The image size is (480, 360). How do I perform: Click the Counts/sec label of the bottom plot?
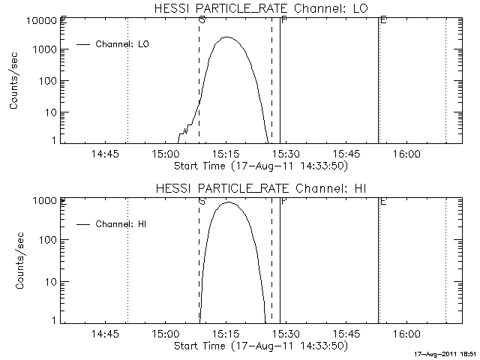pos(14,261)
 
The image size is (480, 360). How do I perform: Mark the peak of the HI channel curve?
pos(228,202)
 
